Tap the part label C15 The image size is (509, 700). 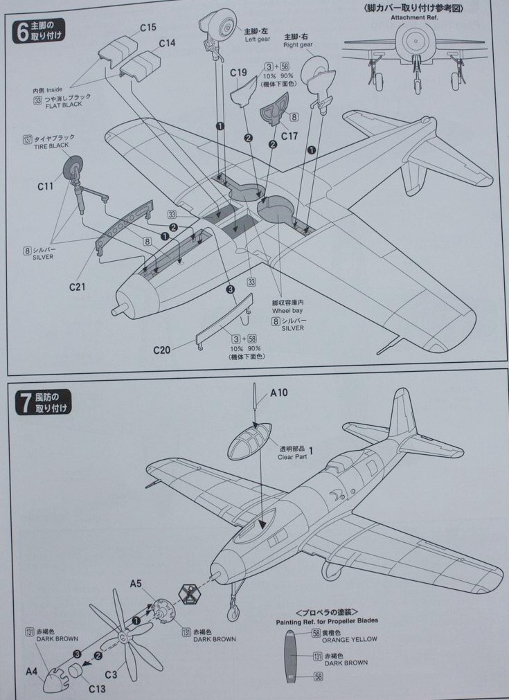[x=148, y=28]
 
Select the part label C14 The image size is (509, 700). [x=167, y=43]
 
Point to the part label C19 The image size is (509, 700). [x=238, y=72]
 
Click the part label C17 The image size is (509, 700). [x=289, y=136]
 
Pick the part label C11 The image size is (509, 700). [x=45, y=186]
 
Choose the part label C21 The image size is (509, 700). [x=77, y=285]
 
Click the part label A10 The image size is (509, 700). [x=278, y=393]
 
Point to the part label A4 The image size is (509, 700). [x=31, y=670]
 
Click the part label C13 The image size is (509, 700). [x=96, y=688]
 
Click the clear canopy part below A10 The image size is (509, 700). [x=249, y=441]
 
